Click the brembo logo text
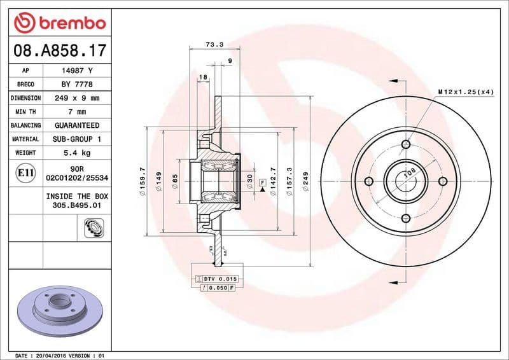tap(68, 24)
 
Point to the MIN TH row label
tap(25, 112)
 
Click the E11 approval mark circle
tap(26, 172)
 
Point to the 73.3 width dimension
tap(214, 45)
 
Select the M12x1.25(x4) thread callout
tap(466, 92)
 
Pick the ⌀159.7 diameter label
tap(143, 181)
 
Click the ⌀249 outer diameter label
tap(305, 181)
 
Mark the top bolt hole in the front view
tap(405, 145)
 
